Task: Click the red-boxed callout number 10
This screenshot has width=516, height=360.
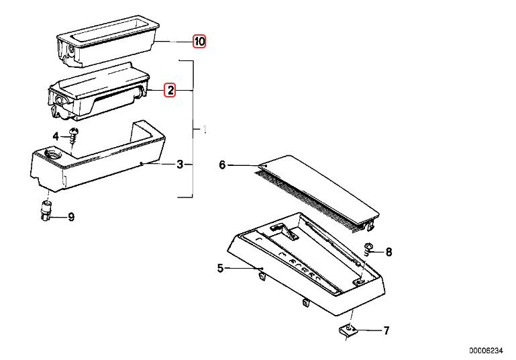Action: pyautogui.click(x=199, y=42)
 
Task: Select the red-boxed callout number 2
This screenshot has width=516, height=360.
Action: pyautogui.click(x=170, y=90)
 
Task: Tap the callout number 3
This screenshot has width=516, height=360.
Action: pyautogui.click(x=180, y=165)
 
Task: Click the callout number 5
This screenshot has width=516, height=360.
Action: pyautogui.click(x=220, y=269)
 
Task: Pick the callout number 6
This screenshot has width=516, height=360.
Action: pyautogui.click(x=223, y=165)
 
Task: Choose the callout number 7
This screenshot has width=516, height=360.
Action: pyautogui.click(x=386, y=330)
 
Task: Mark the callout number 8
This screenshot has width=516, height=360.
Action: pyautogui.click(x=389, y=253)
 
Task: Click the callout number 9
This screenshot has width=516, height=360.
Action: pyautogui.click(x=71, y=217)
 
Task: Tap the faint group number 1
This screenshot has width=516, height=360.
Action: pyautogui.click(x=205, y=128)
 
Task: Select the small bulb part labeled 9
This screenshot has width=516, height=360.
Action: pyautogui.click(x=47, y=210)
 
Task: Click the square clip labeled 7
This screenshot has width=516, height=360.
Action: pyautogui.click(x=347, y=330)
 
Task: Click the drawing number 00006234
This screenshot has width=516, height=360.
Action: pyautogui.click(x=485, y=351)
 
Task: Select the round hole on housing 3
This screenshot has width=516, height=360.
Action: pyautogui.click(x=52, y=156)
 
